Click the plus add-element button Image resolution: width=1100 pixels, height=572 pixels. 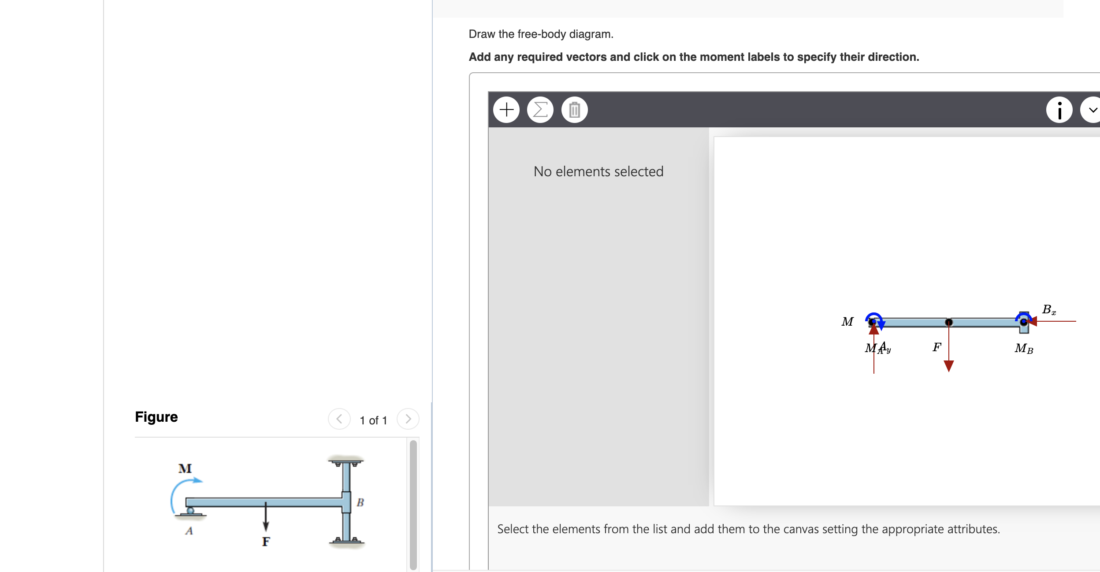(x=506, y=109)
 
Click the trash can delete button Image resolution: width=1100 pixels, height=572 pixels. (x=574, y=109)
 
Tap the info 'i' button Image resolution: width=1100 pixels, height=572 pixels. (x=1059, y=110)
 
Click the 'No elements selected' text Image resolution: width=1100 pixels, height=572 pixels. (x=598, y=171)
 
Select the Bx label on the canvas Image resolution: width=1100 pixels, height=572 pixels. (x=1048, y=310)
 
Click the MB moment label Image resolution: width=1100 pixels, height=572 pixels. (x=1023, y=349)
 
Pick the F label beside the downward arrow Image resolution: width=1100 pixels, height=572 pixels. (x=936, y=347)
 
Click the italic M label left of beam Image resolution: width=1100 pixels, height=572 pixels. (x=847, y=322)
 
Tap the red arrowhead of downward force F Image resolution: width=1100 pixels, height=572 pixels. (x=949, y=366)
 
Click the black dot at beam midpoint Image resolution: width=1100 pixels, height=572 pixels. (x=949, y=323)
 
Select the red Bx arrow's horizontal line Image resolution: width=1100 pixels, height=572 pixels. (x=1058, y=321)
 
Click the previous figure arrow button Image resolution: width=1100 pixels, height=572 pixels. (x=339, y=419)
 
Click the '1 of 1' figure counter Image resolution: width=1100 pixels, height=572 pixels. (x=373, y=420)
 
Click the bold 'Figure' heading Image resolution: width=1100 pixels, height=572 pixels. (x=156, y=417)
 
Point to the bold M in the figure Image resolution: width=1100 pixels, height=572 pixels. (x=185, y=468)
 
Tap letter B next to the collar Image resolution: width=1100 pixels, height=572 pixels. (x=360, y=502)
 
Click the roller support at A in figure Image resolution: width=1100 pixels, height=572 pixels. (x=190, y=511)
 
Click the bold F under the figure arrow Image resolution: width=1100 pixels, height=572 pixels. (x=266, y=542)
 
